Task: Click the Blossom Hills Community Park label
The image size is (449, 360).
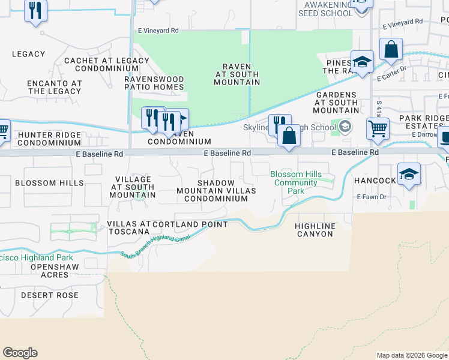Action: tap(294, 182)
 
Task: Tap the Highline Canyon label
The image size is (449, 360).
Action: tap(314, 230)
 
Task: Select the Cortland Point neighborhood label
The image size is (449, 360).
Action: tap(190, 224)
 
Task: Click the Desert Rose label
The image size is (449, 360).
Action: tap(50, 295)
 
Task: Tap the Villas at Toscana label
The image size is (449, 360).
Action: tap(128, 227)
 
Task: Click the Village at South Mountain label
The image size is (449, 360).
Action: tap(133, 187)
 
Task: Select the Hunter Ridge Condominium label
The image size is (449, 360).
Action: tap(49, 139)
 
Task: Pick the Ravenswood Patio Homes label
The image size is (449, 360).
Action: tap(154, 83)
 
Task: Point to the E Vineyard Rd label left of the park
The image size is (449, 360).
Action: tap(158, 30)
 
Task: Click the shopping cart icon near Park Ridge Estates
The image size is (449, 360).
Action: tap(378, 128)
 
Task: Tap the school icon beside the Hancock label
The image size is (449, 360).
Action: tap(409, 175)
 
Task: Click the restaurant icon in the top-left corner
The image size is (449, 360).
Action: tap(36, 10)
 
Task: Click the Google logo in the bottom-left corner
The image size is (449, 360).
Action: tap(20, 353)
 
